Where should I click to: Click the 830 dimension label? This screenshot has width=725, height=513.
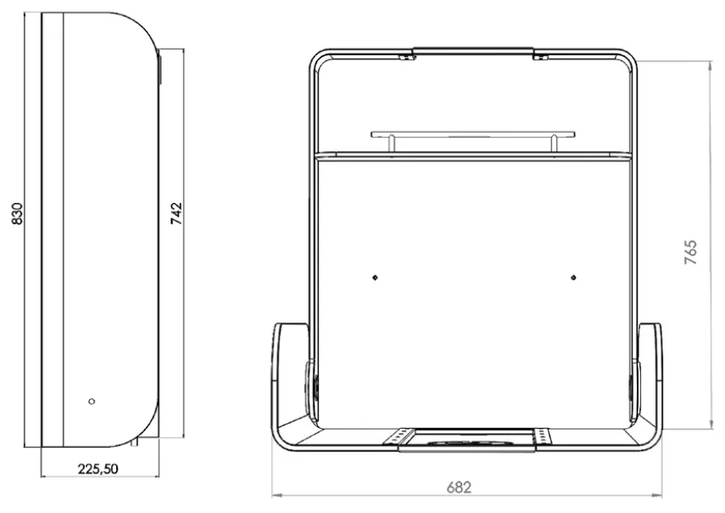click(16, 214)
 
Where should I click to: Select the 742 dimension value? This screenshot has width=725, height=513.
click(176, 214)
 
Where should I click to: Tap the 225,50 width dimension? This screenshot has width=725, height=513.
click(98, 469)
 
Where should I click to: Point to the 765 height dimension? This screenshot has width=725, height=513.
click(690, 252)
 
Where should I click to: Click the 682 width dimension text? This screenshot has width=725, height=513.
click(459, 487)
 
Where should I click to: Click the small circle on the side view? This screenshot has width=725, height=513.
click(91, 401)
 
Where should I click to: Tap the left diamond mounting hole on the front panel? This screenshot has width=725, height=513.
click(375, 277)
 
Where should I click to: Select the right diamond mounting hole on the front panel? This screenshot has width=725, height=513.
click(573, 277)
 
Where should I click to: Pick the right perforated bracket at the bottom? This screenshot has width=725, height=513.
click(542, 436)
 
